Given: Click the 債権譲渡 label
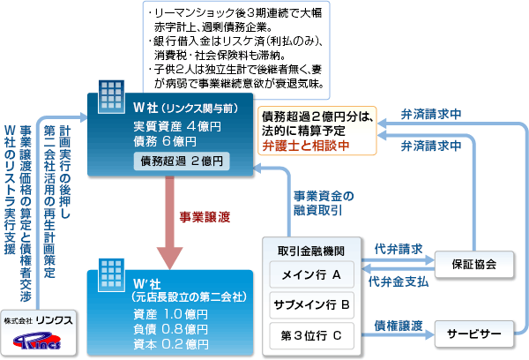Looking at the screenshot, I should (399, 323).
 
